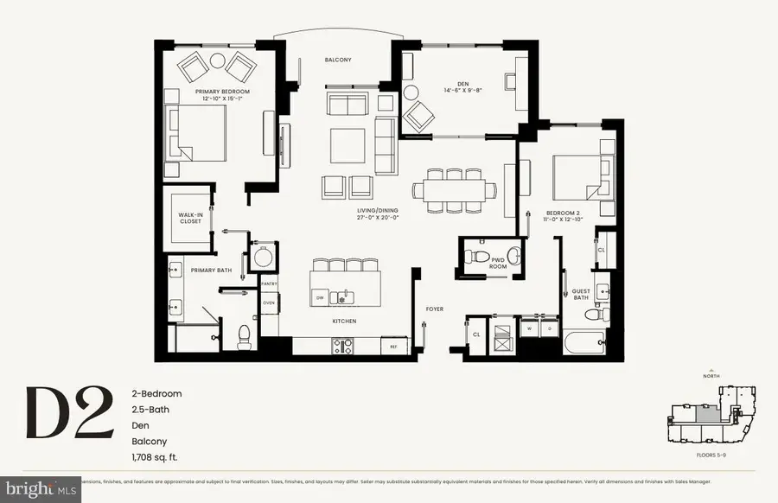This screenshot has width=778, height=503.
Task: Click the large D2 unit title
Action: click(69, 412)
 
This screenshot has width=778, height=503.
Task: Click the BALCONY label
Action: click(337, 60)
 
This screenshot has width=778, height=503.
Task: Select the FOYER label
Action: click(434, 309)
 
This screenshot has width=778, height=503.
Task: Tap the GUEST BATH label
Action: click(581, 295)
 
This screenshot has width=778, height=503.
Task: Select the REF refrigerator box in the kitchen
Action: click(394, 347)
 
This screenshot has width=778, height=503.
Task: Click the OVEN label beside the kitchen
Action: click(268, 302)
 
